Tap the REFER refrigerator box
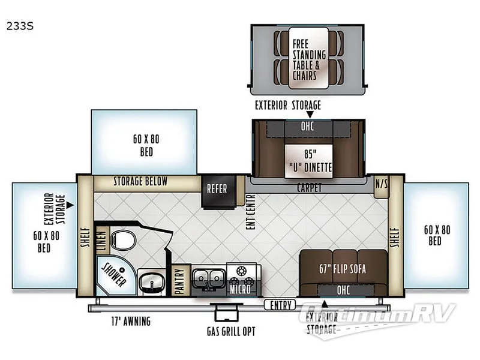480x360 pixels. click(217, 188)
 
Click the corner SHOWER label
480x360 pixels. click(113, 274)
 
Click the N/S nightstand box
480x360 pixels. click(381, 184)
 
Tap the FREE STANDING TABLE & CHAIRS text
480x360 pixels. click(308, 60)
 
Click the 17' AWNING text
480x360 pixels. click(131, 322)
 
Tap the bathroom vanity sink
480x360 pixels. click(151, 280)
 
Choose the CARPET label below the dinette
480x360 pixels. click(309, 188)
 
